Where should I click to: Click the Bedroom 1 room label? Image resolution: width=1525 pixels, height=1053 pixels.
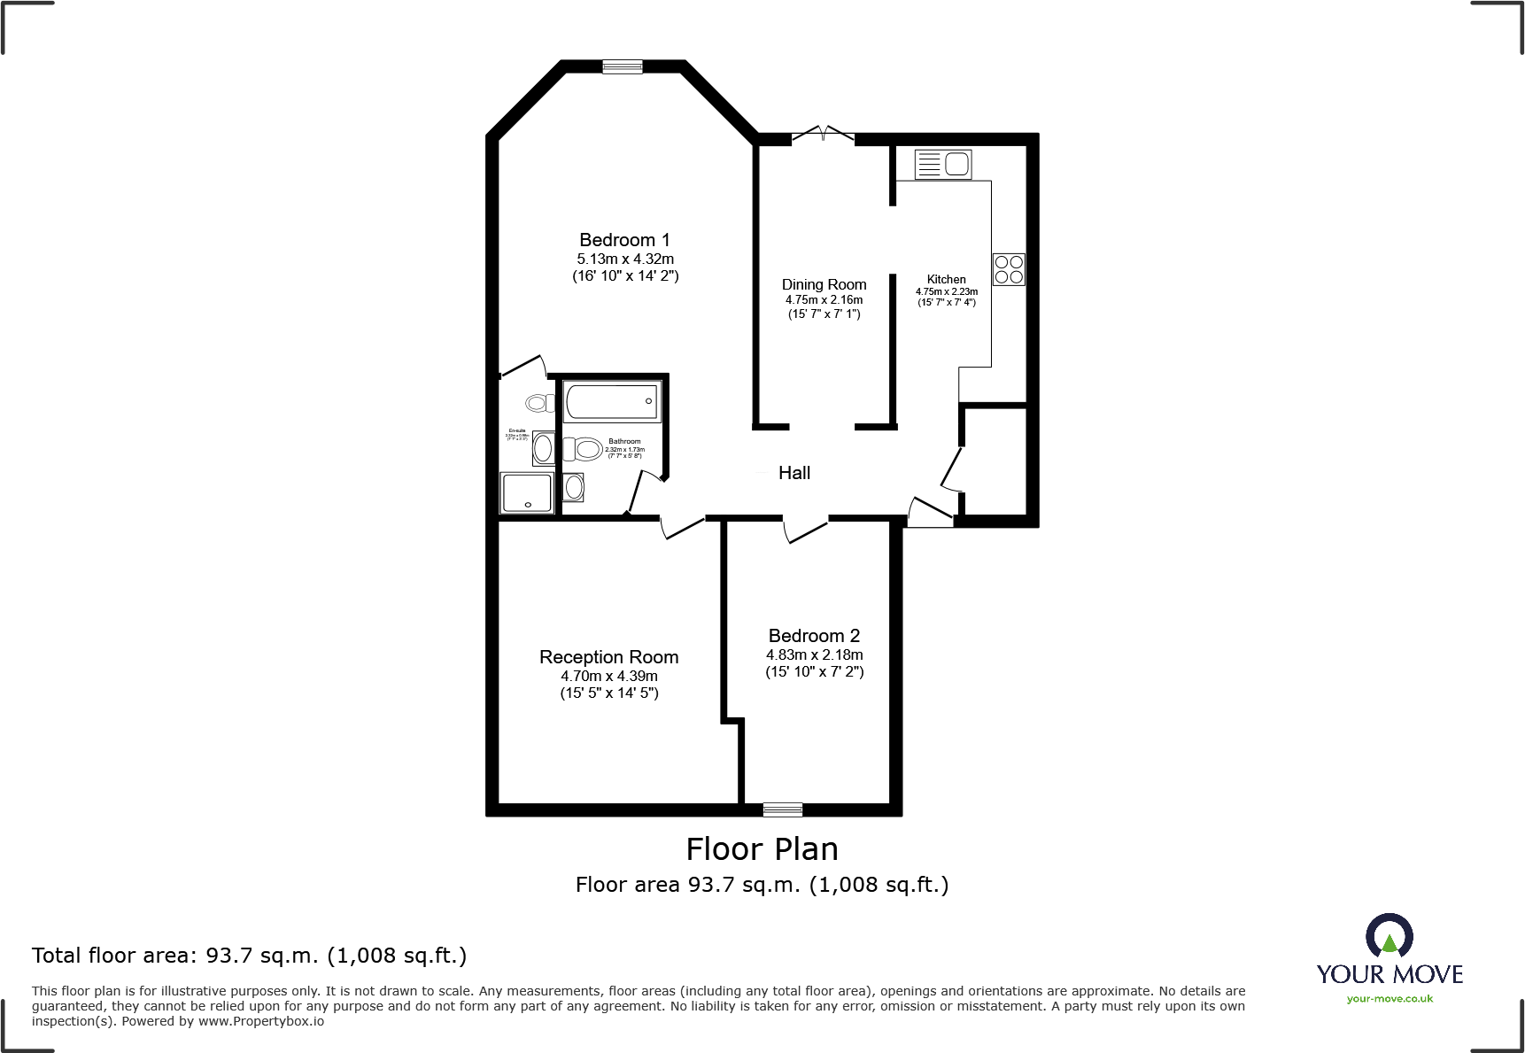624,240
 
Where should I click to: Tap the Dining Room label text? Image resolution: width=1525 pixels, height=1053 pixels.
824,284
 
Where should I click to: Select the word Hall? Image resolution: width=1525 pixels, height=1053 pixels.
793,473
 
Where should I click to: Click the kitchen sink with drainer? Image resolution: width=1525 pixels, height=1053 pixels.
943,164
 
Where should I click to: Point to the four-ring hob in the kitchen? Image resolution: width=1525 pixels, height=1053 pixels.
1009,269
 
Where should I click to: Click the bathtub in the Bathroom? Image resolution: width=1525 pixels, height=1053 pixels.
613,401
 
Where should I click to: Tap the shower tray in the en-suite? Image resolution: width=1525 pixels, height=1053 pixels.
527,493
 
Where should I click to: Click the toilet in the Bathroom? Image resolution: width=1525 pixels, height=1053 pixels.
584,449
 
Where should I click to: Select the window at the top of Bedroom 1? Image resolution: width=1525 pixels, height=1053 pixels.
623,66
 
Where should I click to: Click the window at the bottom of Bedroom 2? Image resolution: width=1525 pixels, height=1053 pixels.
783,809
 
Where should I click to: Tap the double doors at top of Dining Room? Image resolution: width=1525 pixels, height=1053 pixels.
824,135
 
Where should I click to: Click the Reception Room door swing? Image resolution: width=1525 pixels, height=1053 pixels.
683,527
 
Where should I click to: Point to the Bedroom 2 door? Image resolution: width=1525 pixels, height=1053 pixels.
804,530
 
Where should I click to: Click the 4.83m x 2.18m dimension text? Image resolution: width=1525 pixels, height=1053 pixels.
814,655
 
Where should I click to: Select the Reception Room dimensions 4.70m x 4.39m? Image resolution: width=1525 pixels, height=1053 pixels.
608,677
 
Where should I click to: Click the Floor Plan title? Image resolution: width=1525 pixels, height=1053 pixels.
762,849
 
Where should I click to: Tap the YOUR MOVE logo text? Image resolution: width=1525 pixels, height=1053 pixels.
1390,975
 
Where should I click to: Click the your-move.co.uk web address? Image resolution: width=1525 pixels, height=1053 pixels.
1390,999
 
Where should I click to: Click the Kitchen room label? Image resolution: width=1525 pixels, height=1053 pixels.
946,279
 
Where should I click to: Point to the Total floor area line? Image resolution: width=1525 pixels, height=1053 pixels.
249,956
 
